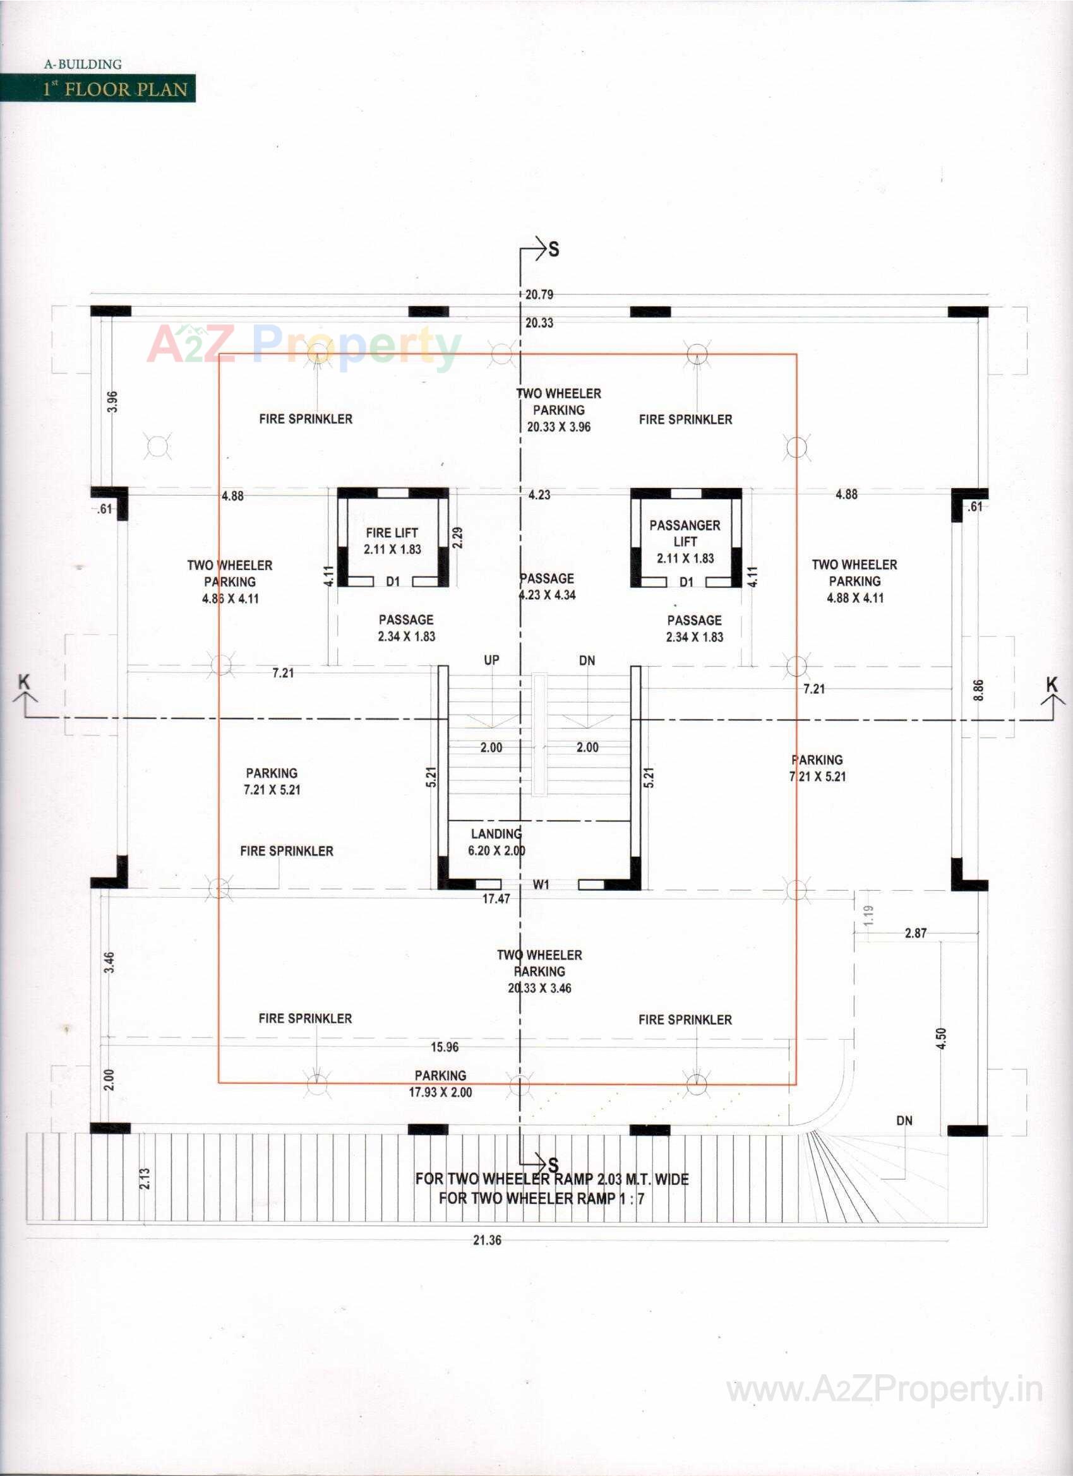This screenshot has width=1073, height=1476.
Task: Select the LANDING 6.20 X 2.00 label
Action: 496,842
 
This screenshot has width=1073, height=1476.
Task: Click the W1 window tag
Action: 541,884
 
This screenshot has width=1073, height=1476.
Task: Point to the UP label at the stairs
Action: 491,660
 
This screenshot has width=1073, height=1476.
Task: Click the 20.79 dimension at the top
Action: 539,295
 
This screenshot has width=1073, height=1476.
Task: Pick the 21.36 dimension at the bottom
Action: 487,1240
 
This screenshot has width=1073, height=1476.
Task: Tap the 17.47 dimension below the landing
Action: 496,899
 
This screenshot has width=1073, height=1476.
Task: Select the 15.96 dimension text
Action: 445,1047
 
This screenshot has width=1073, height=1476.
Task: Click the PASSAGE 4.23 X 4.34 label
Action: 547,586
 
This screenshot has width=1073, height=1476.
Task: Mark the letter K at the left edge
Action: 24,682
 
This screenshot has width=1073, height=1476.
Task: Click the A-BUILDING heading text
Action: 83,64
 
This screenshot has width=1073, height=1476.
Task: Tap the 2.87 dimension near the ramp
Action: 916,933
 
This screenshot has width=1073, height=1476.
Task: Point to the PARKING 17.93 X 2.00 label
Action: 440,1083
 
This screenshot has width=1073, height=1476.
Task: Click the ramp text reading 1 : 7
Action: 632,1198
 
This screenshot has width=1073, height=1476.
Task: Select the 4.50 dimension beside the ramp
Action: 940,1039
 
